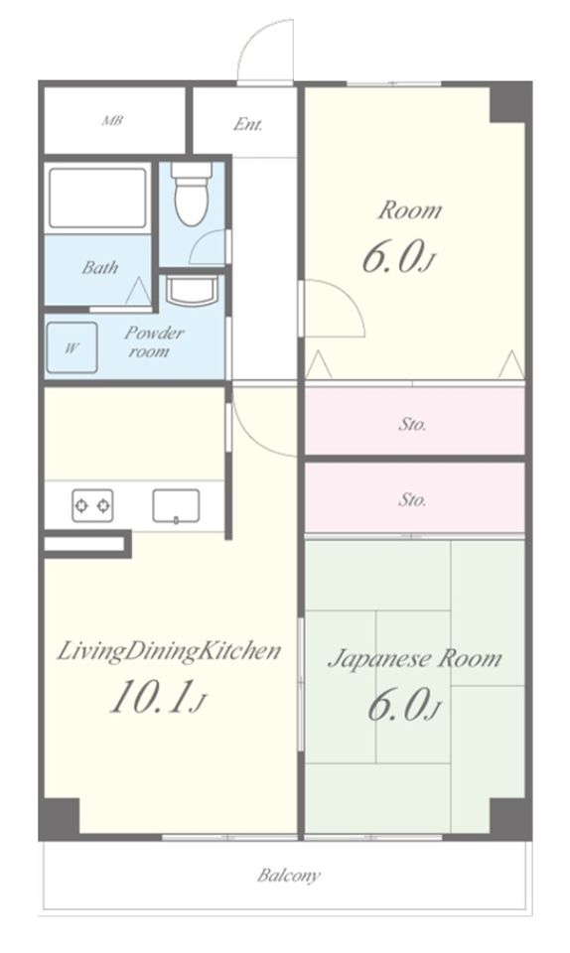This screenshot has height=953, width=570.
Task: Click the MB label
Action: tap(112, 120)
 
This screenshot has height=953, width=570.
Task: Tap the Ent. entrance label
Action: tap(248, 125)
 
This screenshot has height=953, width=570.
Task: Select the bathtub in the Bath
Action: tap(98, 199)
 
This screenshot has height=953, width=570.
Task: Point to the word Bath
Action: tap(100, 267)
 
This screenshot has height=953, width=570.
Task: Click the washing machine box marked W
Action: tap(71, 347)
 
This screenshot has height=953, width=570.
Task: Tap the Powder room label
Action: tap(153, 341)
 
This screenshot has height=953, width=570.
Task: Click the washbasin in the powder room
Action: tap(192, 291)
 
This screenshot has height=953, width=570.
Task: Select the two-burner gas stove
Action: tap(92, 505)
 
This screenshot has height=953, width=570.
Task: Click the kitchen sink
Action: tap(176, 505)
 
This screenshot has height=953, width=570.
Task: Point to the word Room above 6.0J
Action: tap(409, 210)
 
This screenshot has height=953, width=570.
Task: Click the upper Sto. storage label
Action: tap(412, 424)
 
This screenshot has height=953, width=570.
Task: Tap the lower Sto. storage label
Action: tap(412, 499)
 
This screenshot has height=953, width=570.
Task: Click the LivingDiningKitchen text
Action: tap(169, 651)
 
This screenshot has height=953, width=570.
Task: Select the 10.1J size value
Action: tap(158, 697)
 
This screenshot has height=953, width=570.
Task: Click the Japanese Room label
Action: tap(415, 659)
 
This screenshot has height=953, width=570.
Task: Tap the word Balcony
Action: tap(288, 876)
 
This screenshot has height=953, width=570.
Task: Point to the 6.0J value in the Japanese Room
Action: tap(403, 706)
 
